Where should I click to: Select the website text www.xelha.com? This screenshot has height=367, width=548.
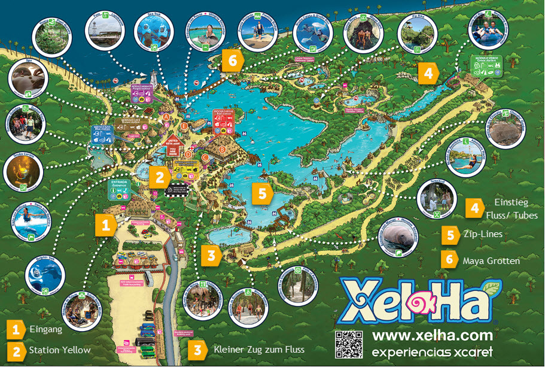point(433,335)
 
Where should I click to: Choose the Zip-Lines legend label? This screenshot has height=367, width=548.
point(482,234)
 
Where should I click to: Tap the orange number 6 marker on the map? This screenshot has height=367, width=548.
point(232,60)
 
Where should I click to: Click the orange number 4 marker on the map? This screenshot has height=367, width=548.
point(428,74)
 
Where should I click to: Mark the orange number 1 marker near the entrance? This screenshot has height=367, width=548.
point(105,225)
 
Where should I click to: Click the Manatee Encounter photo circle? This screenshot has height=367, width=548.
point(398,236)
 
